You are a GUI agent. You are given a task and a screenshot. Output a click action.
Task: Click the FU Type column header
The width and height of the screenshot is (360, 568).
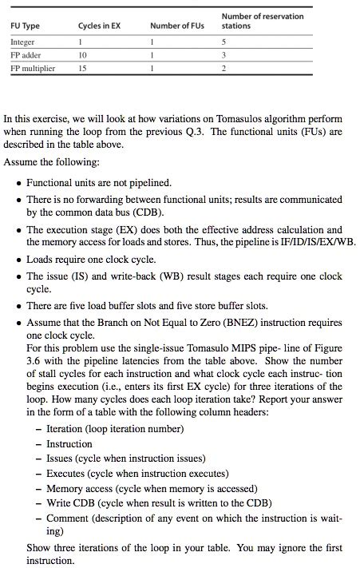pos(25,26)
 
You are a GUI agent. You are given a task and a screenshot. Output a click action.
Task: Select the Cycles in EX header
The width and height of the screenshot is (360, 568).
pos(100,26)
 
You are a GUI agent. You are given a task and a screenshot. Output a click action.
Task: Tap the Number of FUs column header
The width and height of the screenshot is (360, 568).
pos(177,26)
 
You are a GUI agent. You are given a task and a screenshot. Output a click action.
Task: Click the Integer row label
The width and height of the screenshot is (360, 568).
pos(23,42)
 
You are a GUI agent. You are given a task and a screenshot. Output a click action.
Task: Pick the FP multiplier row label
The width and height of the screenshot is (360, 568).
pos(33,69)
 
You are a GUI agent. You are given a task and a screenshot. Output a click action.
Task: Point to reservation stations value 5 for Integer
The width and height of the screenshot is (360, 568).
pos(224,42)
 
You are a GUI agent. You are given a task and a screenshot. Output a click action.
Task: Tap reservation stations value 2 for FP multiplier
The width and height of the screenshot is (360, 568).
pos(224,69)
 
